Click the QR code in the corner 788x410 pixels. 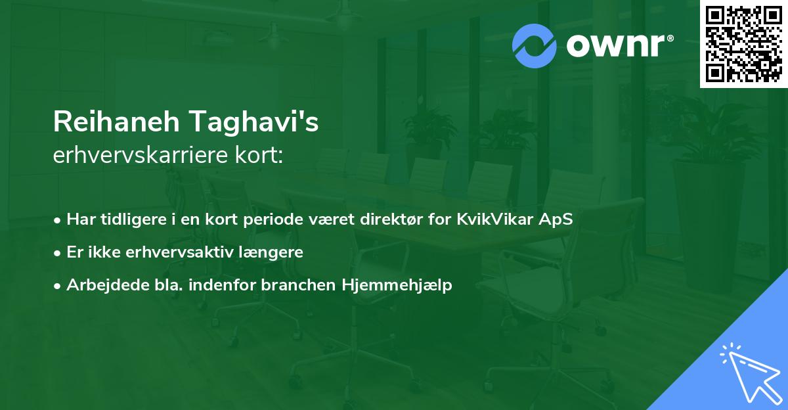pos(744,43)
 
